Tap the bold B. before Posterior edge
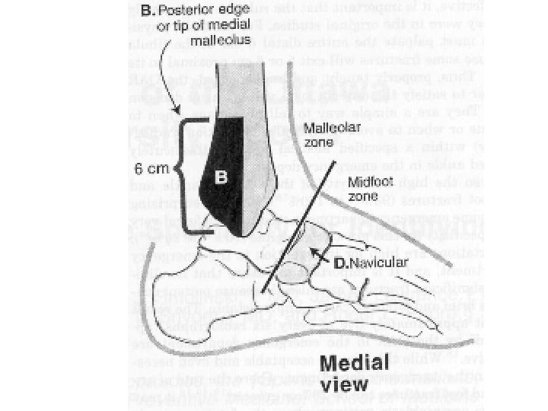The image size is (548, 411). pyautogui.click(x=148, y=11)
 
